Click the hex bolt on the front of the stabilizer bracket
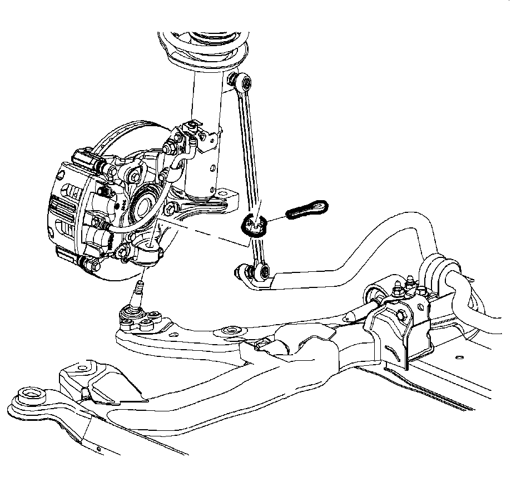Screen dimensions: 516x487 (400, 315)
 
